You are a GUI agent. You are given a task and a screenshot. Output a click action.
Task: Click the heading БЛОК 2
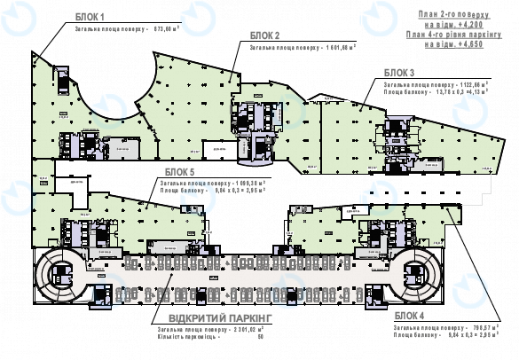click(265, 35)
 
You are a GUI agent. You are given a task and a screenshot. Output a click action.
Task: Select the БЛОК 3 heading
click(398, 72)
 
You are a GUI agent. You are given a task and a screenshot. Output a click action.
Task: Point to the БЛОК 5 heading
click(180, 172)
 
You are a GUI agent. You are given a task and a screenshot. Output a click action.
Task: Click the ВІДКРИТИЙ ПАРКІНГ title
click(211, 317)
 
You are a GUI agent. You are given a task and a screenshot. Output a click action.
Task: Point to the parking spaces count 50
click(261, 337)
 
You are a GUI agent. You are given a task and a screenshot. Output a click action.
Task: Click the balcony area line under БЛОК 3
click(435, 91)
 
